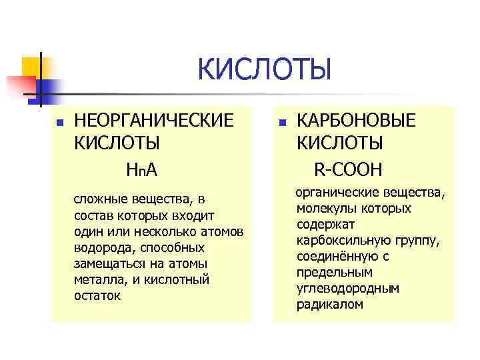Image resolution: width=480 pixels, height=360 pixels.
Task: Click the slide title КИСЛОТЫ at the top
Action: click(264, 71)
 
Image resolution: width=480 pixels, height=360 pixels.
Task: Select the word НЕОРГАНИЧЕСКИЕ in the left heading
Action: click(154, 121)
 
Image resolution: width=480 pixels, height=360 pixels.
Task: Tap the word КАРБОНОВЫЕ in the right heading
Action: click(356, 121)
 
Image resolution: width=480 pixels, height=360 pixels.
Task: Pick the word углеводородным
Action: click(347, 288)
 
